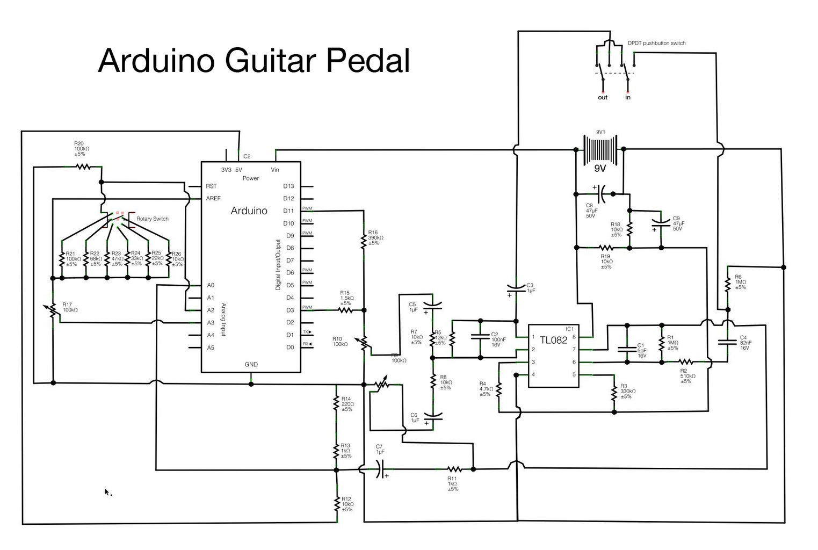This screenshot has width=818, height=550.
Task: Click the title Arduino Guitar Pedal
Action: click(254, 60)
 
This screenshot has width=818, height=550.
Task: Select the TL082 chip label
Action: click(553, 340)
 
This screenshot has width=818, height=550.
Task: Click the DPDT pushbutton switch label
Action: click(656, 44)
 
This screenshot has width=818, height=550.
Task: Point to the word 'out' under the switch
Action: click(603, 98)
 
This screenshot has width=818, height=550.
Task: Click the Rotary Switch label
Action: click(152, 219)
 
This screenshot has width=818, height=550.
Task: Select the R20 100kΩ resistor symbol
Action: click(82, 167)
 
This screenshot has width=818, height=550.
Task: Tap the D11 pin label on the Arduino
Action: click(288, 211)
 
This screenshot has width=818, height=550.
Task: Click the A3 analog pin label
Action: click(211, 323)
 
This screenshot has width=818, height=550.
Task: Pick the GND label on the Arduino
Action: click(251, 364)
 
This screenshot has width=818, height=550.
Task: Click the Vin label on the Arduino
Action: click(275, 170)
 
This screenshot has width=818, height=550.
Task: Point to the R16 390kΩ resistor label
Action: click(375, 237)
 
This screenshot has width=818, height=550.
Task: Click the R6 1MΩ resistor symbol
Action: click(728, 284)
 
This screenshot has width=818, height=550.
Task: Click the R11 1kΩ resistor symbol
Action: click(454, 469)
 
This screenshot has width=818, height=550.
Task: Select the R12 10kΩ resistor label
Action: click(348, 504)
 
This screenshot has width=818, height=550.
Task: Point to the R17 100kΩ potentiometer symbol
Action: click(53, 310)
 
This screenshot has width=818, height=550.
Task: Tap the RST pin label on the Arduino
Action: click(211, 186)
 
